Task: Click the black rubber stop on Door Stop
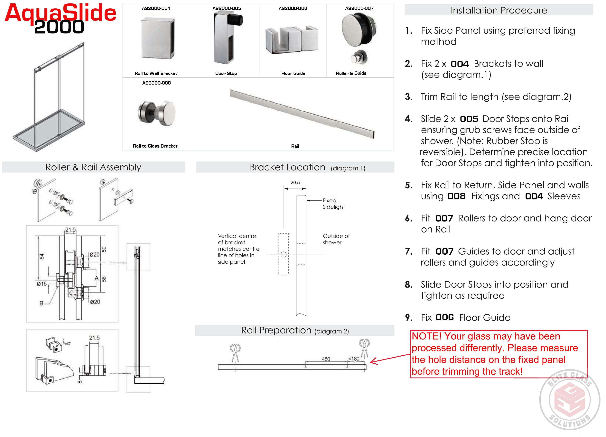237,20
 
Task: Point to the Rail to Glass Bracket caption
155,146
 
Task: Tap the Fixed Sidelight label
333,204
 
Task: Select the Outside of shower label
336,239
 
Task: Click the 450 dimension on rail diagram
326,359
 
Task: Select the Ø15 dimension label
42,284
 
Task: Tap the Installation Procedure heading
499,10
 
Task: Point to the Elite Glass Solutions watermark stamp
569,400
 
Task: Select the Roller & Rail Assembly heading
93,167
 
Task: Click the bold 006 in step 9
445,317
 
